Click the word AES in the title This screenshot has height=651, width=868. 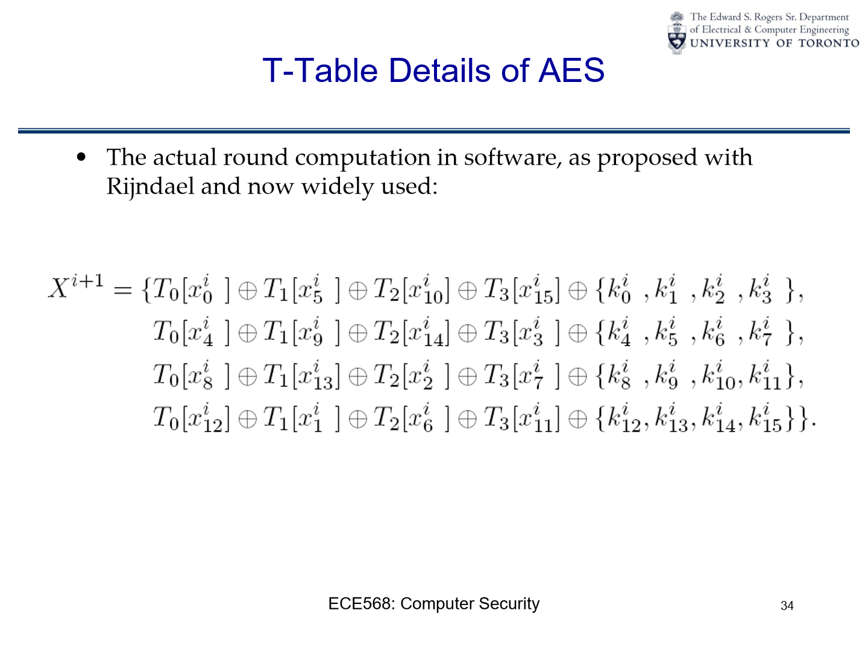click(x=571, y=71)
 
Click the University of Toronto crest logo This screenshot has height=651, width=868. click(x=676, y=33)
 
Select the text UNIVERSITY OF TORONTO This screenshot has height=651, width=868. click(x=775, y=43)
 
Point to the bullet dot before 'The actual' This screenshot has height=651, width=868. click(x=81, y=157)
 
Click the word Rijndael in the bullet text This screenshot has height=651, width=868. click(x=150, y=187)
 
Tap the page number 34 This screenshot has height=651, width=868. click(x=787, y=606)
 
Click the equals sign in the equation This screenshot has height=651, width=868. click(x=122, y=291)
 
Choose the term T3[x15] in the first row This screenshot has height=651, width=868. click(x=521, y=291)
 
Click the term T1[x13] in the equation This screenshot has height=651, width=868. click(x=301, y=376)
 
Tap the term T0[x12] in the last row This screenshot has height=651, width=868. click(x=192, y=418)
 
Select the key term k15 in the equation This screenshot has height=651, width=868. click(x=766, y=418)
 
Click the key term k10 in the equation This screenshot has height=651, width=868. click(x=718, y=376)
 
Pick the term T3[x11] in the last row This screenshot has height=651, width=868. click(x=521, y=418)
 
